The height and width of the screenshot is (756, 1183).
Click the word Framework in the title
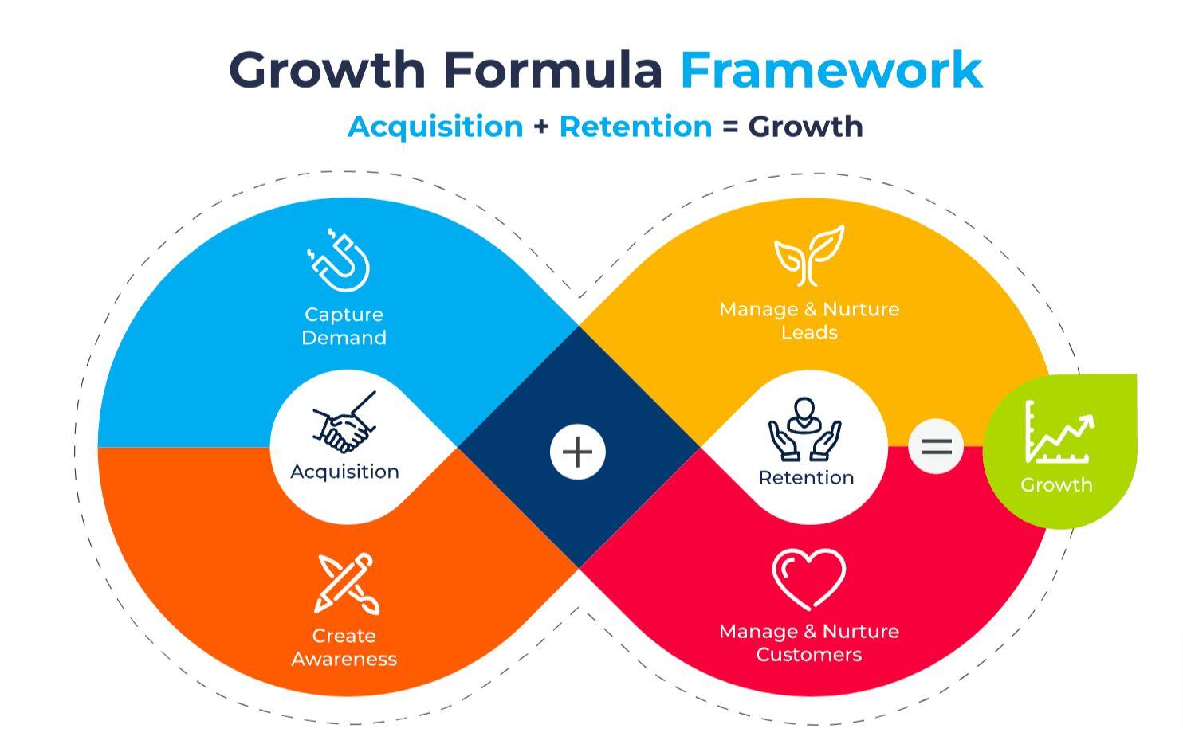(831, 69)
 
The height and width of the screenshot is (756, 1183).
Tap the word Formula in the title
(552, 69)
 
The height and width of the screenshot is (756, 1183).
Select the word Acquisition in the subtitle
(435, 127)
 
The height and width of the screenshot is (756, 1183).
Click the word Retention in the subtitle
(635, 127)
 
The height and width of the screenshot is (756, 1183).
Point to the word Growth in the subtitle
(805, 127)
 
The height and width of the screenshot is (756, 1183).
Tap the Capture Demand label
(344, 326)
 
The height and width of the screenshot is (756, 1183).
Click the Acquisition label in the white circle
(344, 472)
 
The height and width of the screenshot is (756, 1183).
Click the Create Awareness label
(344, 647)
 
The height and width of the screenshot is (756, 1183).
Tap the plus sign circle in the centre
(578, 452)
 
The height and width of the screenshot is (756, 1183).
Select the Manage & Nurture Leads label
(808, 320)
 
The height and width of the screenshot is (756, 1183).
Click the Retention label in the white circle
(806, 477)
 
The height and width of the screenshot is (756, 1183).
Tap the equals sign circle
(936, 446)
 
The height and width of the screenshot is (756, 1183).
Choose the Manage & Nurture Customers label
(808, 643)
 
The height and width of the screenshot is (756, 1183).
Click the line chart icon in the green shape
(1058, 433)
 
